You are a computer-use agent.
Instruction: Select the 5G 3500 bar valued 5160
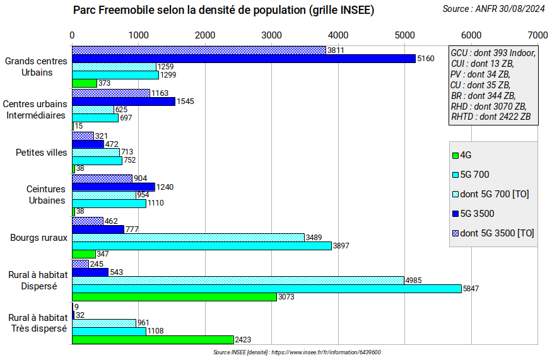(x=244, y=58)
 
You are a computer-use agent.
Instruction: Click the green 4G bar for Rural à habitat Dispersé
(x=174, y=297)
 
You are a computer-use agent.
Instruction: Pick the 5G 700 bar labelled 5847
(x=267, y=288)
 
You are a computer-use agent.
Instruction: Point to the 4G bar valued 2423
(x=153, y=340)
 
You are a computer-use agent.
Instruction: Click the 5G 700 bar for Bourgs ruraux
(x=202, y=246)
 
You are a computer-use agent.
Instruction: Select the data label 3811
(x=336, y=50)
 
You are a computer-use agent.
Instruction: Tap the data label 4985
(x=413, y=281)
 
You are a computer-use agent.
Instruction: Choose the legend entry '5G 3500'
(x=477, y=213)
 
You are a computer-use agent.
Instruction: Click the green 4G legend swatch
(x=455, y=155)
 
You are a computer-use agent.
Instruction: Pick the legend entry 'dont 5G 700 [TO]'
(x=495, y=194)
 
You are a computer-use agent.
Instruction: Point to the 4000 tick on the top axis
(x=338, y=34)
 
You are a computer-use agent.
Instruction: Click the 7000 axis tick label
(x=537, y=34)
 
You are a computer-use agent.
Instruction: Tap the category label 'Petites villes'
(x=41, y=153)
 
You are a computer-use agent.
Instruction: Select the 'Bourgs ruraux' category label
(x=38, y=238)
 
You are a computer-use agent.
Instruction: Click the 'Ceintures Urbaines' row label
(x=46, y=195)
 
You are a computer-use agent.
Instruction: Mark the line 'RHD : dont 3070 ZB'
(x=488, y=106)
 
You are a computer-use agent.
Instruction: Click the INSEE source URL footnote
(x=297, y=352)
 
